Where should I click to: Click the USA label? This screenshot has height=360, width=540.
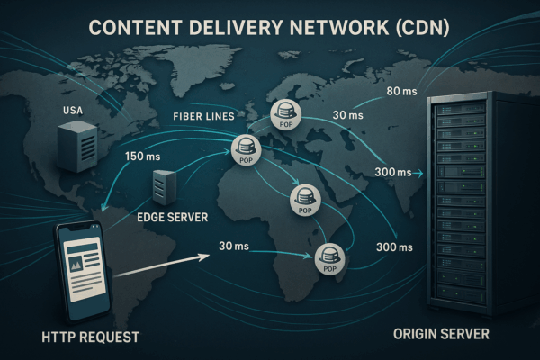[72, 111]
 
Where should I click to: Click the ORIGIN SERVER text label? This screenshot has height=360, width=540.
[441, 334]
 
